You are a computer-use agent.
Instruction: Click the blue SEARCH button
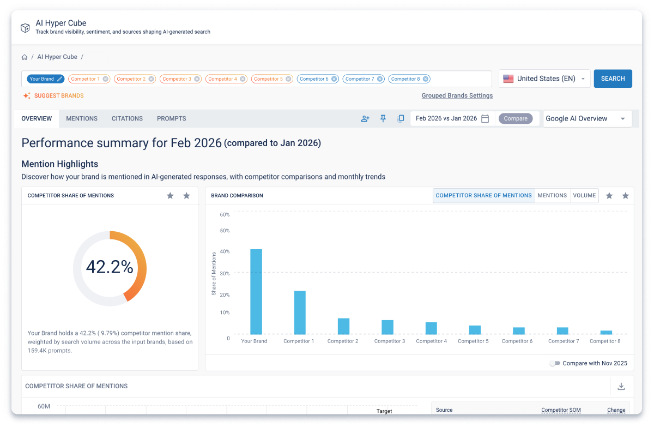(x=613, y=79)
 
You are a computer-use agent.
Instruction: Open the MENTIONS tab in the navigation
(x=82, y=118)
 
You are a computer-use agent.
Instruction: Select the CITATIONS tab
(x=127, y=118)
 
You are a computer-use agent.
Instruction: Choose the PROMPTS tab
(x=171, y=118)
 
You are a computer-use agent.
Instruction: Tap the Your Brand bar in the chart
(x=256, y=292)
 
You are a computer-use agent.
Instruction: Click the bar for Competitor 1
(x=300, y=312)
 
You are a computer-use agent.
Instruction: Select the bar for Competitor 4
(x=431, y=328)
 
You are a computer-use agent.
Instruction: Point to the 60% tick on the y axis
(x=225, y=215)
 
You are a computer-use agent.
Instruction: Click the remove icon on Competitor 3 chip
(x=197, y=79)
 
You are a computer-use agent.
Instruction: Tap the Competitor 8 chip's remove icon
(x=426, y=79)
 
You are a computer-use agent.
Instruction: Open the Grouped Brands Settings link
(x=457, y=95)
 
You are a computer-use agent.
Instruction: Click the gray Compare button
(x=516, y=118)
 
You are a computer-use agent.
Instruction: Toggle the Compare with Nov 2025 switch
(x=555, y=363)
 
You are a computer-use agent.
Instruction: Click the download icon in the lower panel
(x=621, y=387)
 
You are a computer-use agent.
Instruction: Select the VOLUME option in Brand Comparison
(x=584, y=195)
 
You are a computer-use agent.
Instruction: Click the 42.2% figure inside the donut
(x=110, y=267)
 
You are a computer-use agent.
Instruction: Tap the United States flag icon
(x=508, y=79)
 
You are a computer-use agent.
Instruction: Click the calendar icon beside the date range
(x=485, y=118)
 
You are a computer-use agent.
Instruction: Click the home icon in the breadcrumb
(x=25, y=57)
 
